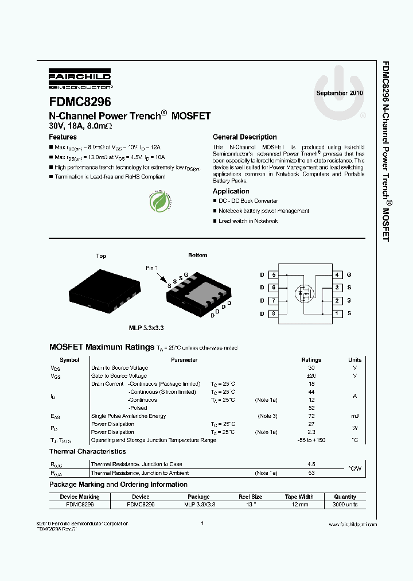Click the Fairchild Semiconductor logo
coord(80,81)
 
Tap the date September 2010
coord(340,93)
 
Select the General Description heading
coord(244,137)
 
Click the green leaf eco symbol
coord(158,201)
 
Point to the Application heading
coord(231,191)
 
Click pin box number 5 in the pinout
coord(274,275)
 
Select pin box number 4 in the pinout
coord(337,275)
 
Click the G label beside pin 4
coord(349,275)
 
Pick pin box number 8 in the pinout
coord(274,313)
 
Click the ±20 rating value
coord(311,375)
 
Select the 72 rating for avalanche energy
coord(311,416)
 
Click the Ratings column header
coord(311,360)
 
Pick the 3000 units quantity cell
coord(345,504)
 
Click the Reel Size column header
coord(251,497)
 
